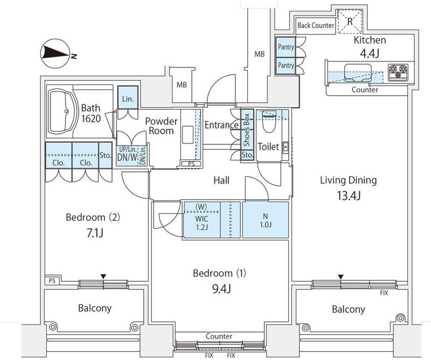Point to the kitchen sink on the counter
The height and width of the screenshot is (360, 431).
(x=357, y=71)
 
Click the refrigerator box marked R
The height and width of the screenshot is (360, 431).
(x=349, y=22)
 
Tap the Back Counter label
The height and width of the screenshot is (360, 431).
(x=316, y=25)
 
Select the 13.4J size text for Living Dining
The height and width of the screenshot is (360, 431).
(x=340, y=195)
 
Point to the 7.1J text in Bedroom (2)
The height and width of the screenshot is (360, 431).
(x=92, y=234)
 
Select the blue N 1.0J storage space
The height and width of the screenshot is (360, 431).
(x=265, y=220)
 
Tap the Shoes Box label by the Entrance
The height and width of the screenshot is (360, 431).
(x=246, y=129)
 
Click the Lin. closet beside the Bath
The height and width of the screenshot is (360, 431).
(x=128, y=99)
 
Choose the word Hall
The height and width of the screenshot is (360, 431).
(x=221, y=181)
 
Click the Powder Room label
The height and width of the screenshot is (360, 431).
(x=160, y=126)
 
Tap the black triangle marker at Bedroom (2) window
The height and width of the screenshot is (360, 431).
(x=102, y=276)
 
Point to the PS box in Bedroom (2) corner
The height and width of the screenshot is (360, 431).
(x=52, y=281)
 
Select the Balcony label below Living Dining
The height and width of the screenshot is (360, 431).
(x=348, y=309)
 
